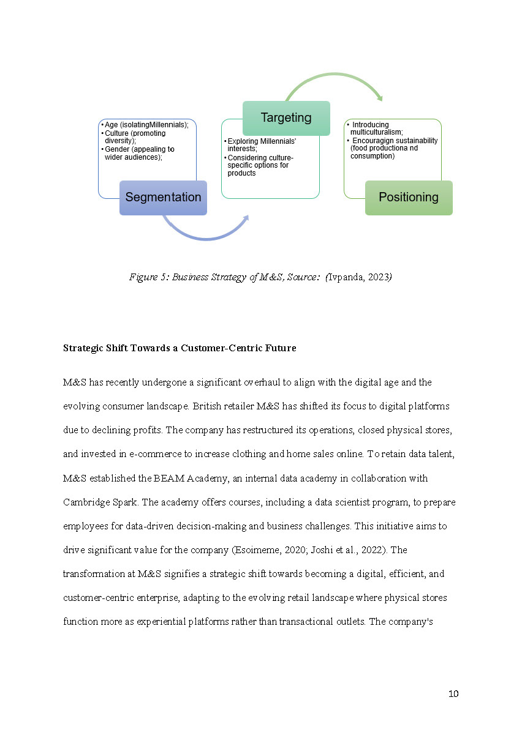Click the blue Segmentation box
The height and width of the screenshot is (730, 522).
pos(163,198)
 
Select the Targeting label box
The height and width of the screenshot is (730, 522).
pos(286,117)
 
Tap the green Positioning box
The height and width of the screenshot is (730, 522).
pos(409,198)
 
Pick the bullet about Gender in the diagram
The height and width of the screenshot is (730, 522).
pos(139,153)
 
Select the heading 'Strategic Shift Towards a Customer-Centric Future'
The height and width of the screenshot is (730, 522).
pos(180,348)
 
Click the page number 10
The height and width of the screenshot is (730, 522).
pos(453,693)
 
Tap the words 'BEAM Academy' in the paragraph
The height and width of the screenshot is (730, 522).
pos(148,478)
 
